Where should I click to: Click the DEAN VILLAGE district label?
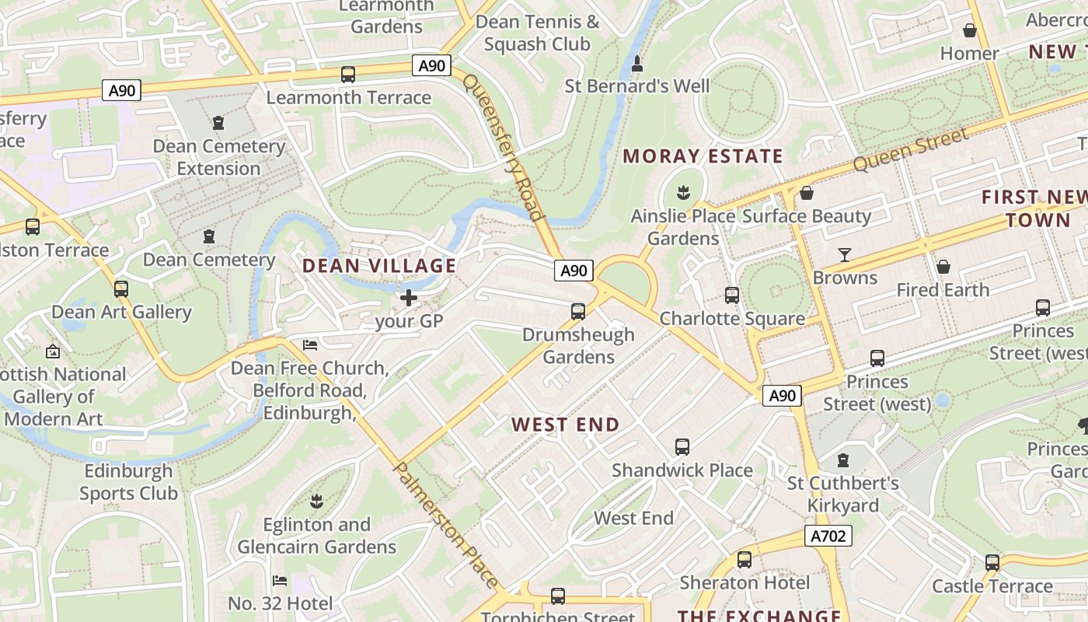[x=378, y=266]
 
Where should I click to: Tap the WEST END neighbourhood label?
[x=565, y=425]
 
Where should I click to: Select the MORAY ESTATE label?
[x=702, y=156]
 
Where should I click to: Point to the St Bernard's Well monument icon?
[x=637, y=63]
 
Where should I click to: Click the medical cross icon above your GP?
[x=409, y=297]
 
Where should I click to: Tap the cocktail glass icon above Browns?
[x=845, y=254]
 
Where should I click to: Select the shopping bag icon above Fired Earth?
[x=943, y=267]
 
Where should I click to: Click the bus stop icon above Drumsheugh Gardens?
[x=577, y=312]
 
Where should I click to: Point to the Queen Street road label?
[x=910, y=150]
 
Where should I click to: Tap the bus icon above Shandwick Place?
[x=682, y=447]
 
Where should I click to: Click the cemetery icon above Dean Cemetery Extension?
[x=218, y=123]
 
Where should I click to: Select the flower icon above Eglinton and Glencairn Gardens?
[x=316, y=500]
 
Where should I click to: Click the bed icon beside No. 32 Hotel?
[x=280, y=581]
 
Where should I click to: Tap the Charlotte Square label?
[x=731, y=319]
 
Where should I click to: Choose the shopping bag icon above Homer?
[x=969, y=30]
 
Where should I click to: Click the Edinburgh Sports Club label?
[x=128, y=482]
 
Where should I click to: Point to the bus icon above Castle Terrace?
[x=992, y=563]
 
